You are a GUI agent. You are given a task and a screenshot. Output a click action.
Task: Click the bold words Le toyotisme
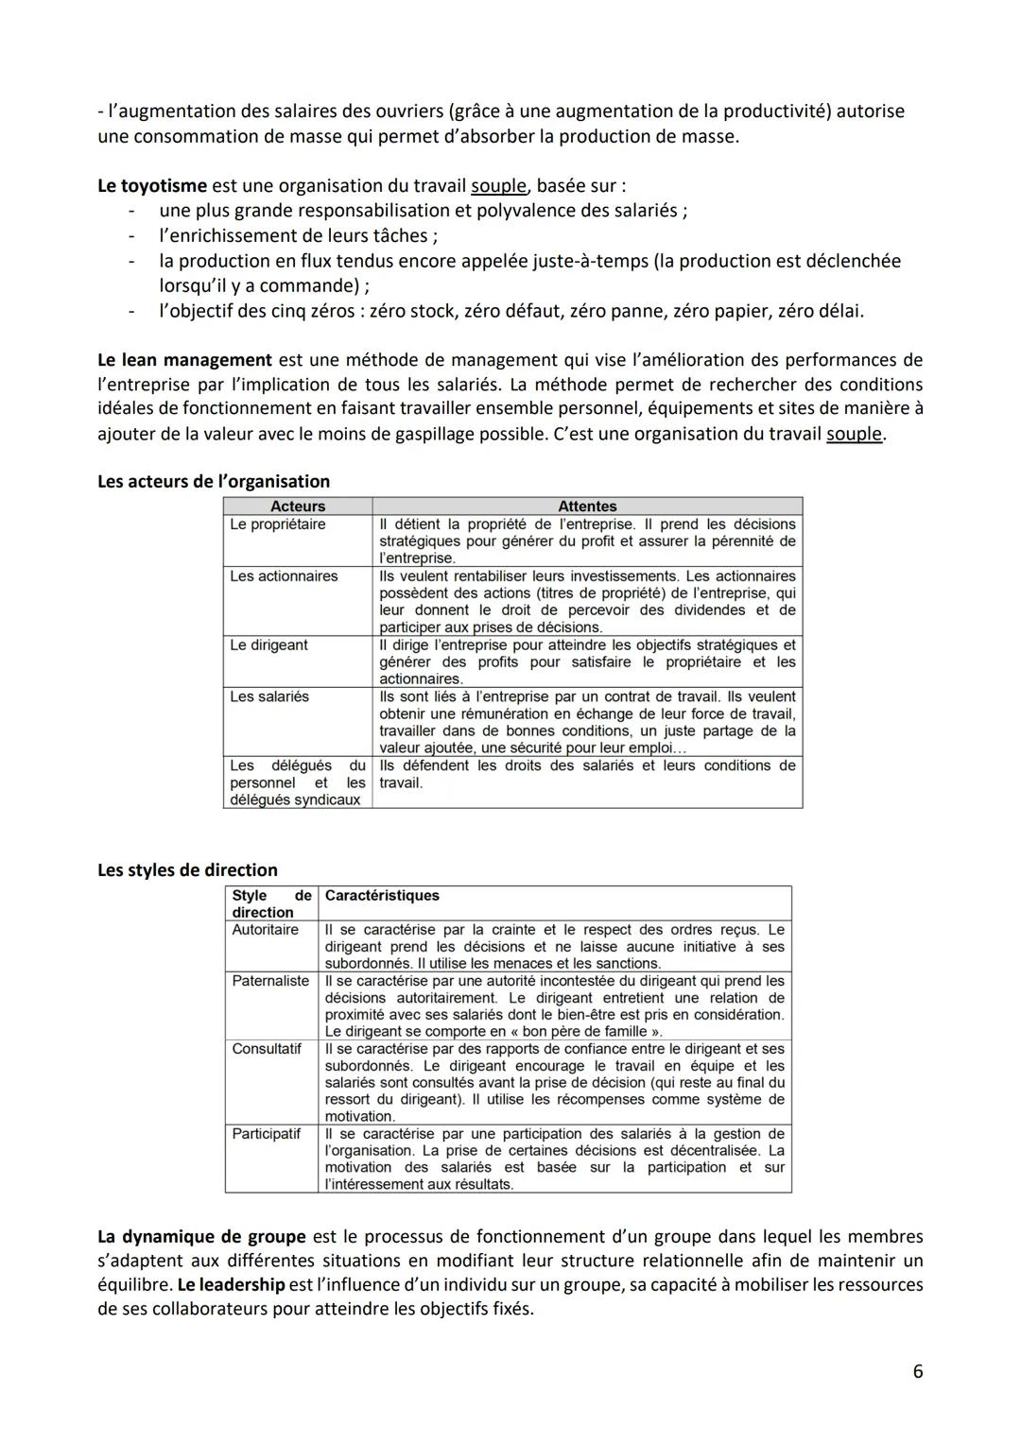(x=151, y=185)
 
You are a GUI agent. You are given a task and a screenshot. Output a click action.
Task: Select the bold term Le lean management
(x=184, y=360)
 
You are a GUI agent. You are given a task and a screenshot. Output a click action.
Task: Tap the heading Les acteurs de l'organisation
(x=214, y=481)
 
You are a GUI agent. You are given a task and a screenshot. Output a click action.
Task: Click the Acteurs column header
(x=298, y=507)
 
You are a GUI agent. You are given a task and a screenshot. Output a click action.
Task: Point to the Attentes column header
(x=587, y=507)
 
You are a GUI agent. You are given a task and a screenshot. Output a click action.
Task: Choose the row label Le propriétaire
(x=278, y=524)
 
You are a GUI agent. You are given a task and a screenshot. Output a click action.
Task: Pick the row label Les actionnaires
(x=284, y=576)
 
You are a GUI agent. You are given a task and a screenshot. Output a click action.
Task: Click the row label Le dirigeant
(x=268, y=645)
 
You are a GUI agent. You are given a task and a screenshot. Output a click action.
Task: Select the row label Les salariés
(x=269, y=696)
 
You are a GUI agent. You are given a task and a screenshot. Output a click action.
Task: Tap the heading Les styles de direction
(x=187, y=870)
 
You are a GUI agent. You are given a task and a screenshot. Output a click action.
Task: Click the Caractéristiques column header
(x=382, y=896)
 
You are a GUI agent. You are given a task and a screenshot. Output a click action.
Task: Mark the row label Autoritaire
(x=265, y=930)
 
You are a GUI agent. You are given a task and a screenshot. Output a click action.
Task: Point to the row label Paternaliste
(x=270, y=981)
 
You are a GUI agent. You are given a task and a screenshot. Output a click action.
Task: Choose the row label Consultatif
(x=267, y=1049)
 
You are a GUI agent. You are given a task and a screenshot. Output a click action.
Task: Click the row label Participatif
(x=266, y=1134)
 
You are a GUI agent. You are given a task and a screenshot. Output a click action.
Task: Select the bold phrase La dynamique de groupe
(x=201, y=1236)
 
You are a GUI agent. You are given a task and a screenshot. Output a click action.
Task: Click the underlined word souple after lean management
(x=854, y=435)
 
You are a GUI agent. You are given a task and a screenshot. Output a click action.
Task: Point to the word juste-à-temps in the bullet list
(x=589, y=261)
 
